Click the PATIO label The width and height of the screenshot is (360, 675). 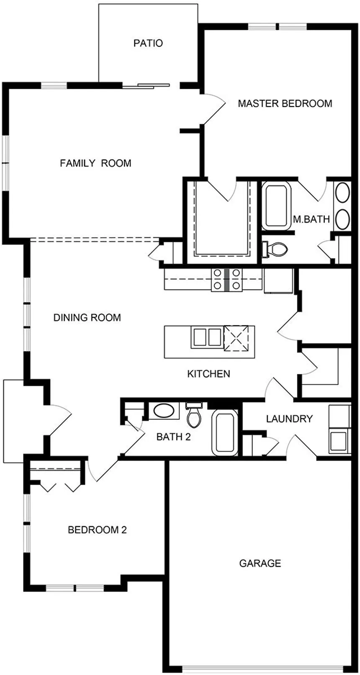pyautogui.click(x=148, y=43)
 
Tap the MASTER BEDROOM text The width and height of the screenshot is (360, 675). pyautogui.click(x=285, y=103)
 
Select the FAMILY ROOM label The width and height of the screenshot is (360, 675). pyautogui.click(x=95, y=163)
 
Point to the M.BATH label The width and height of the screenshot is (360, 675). pyautogui.click(x=311, y=219)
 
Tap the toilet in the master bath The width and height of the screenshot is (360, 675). pyautogui.click(x=275, y=249)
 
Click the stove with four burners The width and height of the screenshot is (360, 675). pyautogui.click(x=227, y=280)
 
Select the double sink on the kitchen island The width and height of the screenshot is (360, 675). pyautogui.click(x=206, y=337)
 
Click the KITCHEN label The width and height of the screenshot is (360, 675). pyautogui.click(x=208, y=374)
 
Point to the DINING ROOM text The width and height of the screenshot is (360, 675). pyautogui.click(x=87, y=318)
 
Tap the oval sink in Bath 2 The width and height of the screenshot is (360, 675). pyautogui.click(x=161, y=411)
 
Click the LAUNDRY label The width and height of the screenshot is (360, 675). pyautogui.click(x=289, y=419)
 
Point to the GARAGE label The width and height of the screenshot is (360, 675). pyautogui.click(x=260, y=563)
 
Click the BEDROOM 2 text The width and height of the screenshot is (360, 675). pyautogui.click(x=97, y=530)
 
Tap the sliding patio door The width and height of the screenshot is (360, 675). pyautogui.click(x=147, y=86)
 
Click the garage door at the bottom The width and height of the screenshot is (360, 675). pyautogui.click(x=263, y=667)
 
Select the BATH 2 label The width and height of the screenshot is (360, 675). pyautogui.click(x=174, y=437)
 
